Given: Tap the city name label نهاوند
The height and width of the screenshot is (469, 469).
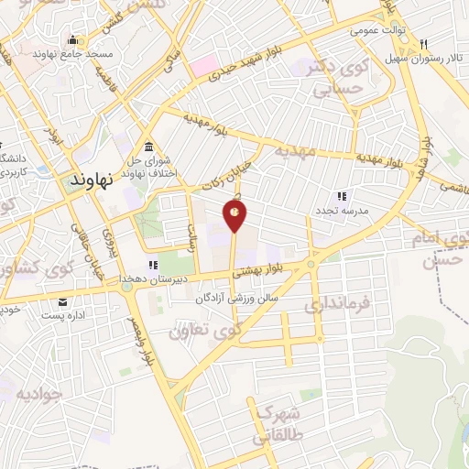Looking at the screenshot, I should pyautogui.click(x=93, y=181).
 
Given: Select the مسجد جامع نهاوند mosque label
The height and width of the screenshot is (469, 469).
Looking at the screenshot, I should pyautogui.click(x=72, y=54).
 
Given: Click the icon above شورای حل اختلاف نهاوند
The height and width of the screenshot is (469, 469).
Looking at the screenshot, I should pyautogui.click(x=148, y=148).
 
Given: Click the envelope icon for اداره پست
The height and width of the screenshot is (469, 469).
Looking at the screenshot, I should pyautogui.click(x=62, y=303).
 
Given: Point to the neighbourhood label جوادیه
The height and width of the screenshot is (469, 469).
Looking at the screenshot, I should pyautogui.click(x=38, y=395).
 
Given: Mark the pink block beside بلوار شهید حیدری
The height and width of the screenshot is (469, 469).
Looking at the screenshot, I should pyautogui.click(x=202, y=66).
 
